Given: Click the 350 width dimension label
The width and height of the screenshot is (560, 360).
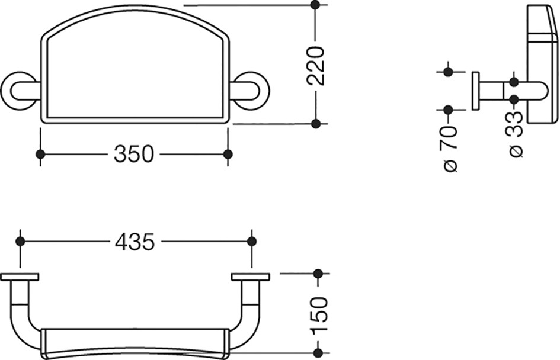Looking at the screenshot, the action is coord(134,154).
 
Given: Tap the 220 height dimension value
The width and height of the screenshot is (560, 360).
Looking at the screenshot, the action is coord(316,66).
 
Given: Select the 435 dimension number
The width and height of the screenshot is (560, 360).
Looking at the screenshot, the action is coord(135,242).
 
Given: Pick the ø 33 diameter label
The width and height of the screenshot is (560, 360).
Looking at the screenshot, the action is coord(514,134).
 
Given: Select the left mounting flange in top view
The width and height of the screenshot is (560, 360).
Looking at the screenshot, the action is coord(20,277).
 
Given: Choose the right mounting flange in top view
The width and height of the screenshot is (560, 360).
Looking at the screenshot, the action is coord(250,277).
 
